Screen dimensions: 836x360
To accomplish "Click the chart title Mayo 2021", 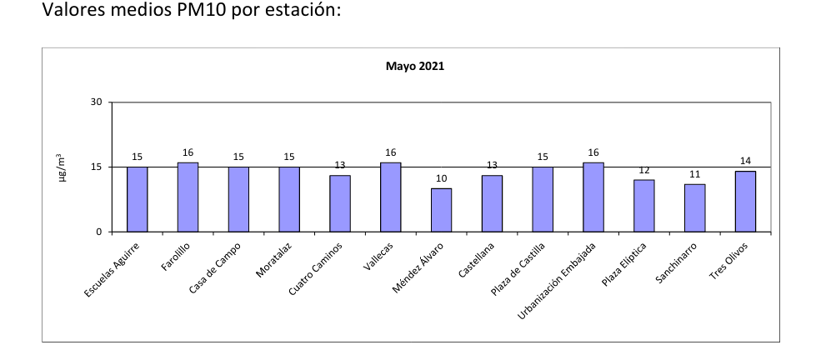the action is [x=415, y=67].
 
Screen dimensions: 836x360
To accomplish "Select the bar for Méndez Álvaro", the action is [x=441, y=210].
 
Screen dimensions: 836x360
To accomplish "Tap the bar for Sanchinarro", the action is [x=694, y=208].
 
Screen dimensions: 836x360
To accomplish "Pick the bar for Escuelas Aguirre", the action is [x=137, y=199].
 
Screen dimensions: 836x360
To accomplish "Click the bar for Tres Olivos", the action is [x=745, y=202].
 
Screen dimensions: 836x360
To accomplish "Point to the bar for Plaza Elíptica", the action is [x=644, y=206].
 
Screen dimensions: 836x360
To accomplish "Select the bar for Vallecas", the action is [x=390, y=197].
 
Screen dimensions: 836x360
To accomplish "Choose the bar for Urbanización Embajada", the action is [x=593, y=197].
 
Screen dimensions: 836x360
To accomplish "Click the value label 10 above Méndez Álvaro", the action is [x=442, y=178].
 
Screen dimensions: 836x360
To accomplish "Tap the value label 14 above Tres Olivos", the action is [x=745, y=161].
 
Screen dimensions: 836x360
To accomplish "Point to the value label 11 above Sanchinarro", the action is [x=694, y=174].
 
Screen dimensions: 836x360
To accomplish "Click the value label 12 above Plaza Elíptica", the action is [x=644, y=170].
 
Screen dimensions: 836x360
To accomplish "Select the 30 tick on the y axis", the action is [x=96, y=102].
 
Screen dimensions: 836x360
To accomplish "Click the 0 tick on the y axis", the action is [x=98, y=232].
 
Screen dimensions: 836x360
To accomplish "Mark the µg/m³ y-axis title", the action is [x=63, y=167].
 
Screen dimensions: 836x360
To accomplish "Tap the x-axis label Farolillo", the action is [x=175, y=257].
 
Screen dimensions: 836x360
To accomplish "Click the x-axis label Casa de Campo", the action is [x=215, y=267].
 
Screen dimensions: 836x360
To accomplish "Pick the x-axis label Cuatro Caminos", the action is [x=315, y=269].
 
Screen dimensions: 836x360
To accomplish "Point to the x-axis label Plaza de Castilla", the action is [x=518, y=269].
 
